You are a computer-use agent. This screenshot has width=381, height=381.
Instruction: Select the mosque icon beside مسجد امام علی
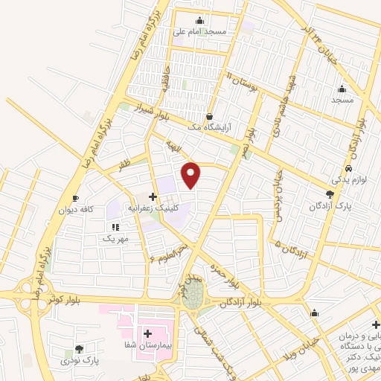point(199,21)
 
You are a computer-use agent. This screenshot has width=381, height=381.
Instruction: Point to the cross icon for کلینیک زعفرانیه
point(153,197)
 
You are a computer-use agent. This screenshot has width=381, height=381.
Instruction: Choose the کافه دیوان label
point(76,210)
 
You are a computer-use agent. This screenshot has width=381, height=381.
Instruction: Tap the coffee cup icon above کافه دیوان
point(75,198)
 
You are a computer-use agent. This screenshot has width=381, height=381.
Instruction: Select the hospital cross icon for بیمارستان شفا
point(147,333)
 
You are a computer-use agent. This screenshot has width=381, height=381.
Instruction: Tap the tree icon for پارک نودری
point(80,348)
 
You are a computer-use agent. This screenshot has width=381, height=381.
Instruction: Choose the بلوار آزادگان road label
point(242,302)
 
